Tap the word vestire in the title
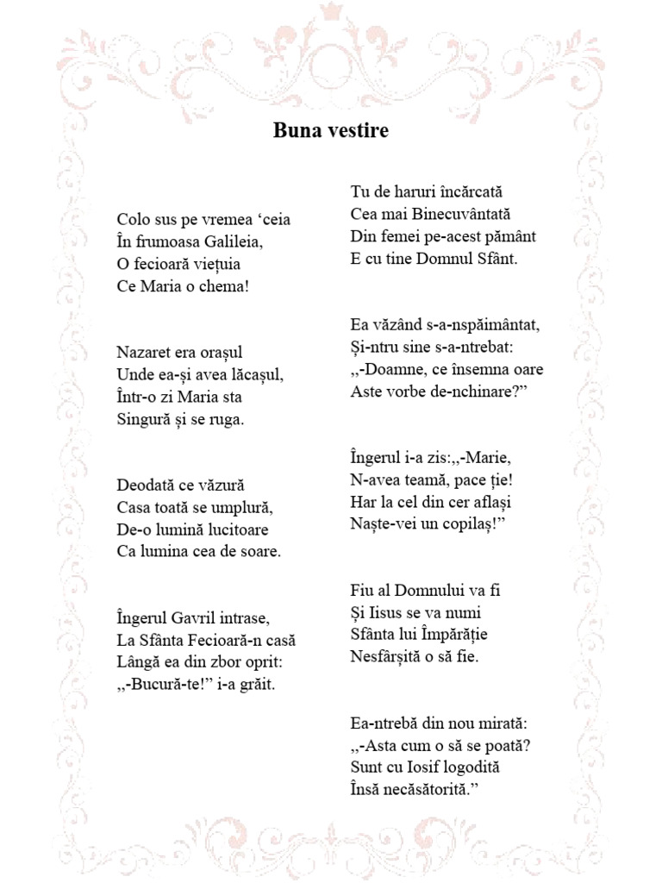tap(356, 131)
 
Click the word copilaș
tap(469, 523)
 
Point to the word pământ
tap(509, 235)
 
